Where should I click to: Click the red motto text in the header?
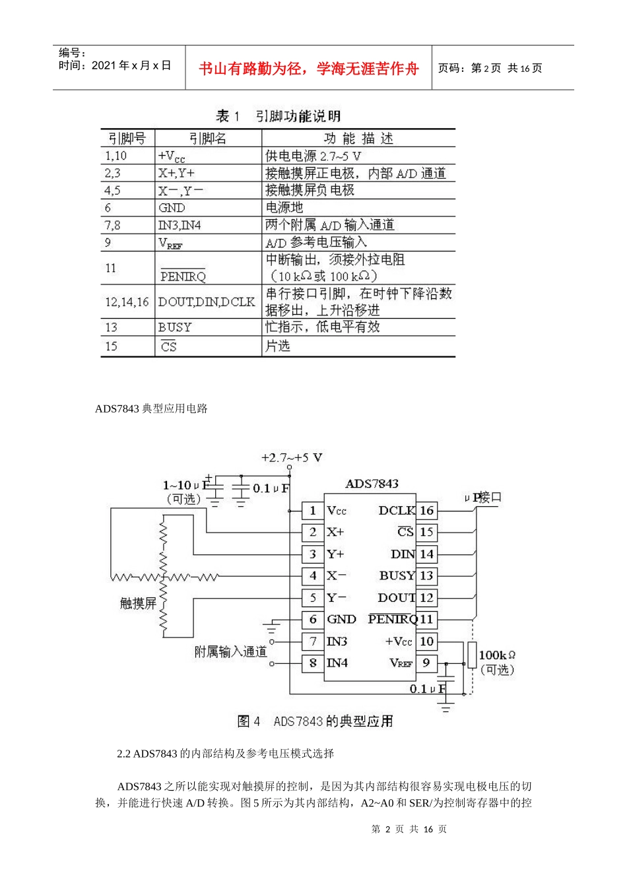pyautogui.click(x=308, y=69)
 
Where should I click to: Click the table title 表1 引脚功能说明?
pyautogui.click(x=278, y=117)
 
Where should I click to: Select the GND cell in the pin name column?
pyautogui.click(x=172, y=207)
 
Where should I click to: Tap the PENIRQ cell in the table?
pyautogui.click(x=183, y=276)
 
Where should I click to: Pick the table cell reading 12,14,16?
pyautogui.click(x=127, y=302)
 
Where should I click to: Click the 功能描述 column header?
pyautogui.click(x=358, y=139)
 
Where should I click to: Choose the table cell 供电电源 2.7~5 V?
pyautogui.click(x=313, y=156)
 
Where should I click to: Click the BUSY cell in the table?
pyautogui.click(x=174, y=327)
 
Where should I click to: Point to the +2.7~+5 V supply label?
pyautogui.click(x=291, y=457)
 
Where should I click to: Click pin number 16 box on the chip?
pyautogui.click(x=426, y=510)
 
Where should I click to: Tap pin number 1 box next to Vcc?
pyautogui.click(x=313, y=510)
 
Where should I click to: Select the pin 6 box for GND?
pyautogui.click(x=313, y=619)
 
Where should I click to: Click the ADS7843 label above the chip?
pyautogui.click(x=372, y=484)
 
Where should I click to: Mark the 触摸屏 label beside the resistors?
pyautogui.click(x=138, y=603)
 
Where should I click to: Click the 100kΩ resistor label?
pyautogui.click(x=496, y=655)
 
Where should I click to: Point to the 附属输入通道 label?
pyautogui.click(x=230, y=651)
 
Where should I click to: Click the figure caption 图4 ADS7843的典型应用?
pyautogui.click(x=315, y=721)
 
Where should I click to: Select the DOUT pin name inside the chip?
pyautogui.click(x=396, y=597)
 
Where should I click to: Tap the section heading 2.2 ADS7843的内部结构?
pyautogui.click(x=225, y=754)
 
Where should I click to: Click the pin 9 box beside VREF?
pyautogui.click(x=426, y=663)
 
